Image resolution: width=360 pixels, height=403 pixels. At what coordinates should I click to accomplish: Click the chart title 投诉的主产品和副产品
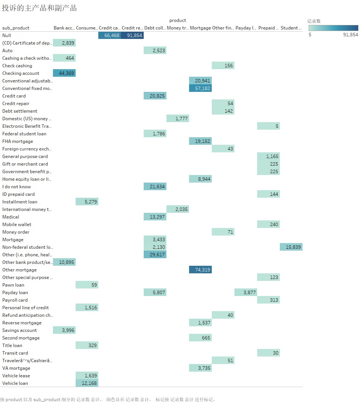click(39, 8)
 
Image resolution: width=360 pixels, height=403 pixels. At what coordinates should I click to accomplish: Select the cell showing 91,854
click(132, 36)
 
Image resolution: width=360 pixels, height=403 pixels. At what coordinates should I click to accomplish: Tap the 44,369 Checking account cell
click(64, 73)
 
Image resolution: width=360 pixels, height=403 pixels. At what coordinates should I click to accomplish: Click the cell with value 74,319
click(200, 270)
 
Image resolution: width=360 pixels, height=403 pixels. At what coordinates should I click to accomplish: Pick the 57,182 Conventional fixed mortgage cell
click(200, 88)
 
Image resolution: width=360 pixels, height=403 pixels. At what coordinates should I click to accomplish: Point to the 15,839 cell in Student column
click(291, 247)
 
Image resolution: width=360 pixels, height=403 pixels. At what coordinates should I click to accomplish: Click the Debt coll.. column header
click(155, 28)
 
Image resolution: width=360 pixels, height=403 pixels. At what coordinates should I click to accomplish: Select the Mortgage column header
click(200, 28)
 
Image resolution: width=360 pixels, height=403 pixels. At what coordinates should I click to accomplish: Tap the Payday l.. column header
click(246, 28)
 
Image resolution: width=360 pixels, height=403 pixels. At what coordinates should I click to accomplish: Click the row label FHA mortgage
click(18, 141)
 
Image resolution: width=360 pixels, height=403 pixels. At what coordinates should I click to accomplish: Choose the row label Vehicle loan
click(15, 383)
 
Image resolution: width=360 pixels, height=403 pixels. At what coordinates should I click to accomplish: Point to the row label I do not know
click(17, 187)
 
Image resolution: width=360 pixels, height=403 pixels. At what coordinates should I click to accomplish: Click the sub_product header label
click(16, 28)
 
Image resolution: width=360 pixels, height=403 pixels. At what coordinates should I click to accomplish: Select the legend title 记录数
click(314, 21)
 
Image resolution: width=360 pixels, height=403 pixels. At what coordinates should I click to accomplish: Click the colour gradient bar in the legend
click(333, 28)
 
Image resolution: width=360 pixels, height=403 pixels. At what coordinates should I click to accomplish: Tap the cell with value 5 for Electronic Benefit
click(268, 126)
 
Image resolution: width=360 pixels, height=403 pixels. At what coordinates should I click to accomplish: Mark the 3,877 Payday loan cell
click(246, 293)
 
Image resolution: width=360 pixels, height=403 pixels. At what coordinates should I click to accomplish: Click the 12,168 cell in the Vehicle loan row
click(87, 383)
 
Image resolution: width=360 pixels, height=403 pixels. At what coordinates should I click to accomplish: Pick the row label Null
click(6, 36)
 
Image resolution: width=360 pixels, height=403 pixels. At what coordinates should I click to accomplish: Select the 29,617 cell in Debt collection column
click(155, 255)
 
